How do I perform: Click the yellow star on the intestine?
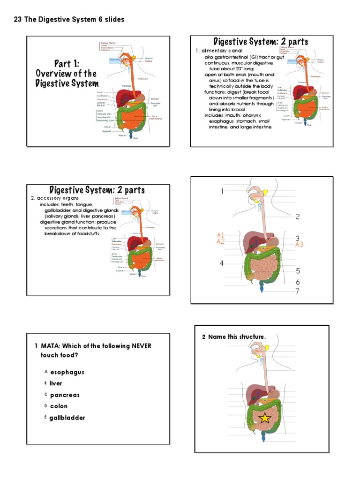[x=264, y=418]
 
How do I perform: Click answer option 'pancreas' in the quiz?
[x=65, y=395]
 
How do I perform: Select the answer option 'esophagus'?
[x=67, y=372]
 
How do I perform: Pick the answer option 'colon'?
[x=59, y=406]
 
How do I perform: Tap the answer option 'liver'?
[x=56, y=383]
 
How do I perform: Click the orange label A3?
[x=299, y=244]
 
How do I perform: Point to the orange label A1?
[x=220, y=235]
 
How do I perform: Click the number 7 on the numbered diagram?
[x=297, y=291]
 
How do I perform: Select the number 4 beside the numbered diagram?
[x=222, y=263]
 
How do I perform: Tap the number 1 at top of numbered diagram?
[x=223, y=191]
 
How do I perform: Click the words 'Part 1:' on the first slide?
[x=67, y=64]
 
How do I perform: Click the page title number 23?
[x=18, y=19]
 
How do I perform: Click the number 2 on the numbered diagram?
[x=297, y=217]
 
